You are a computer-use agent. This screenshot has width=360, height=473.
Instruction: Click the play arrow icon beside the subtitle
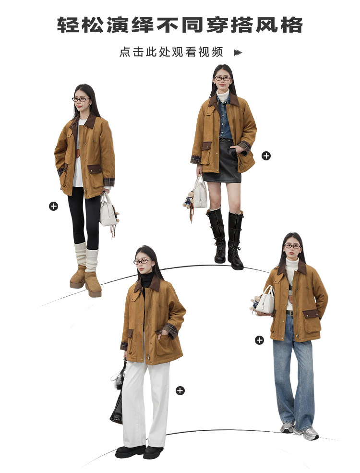click(x=238, y=52)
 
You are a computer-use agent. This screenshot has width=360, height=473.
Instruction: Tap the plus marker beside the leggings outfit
click(x=53, y=206)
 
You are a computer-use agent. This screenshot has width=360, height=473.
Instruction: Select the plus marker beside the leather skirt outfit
click(x=266, y=156)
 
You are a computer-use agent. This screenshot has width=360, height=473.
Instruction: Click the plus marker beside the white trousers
click(x=180, y=391)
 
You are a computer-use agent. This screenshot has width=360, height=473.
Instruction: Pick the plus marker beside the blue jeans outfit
click(x=259, y=340)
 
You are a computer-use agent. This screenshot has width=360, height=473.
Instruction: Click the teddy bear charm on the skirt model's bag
click(x=189, y=200)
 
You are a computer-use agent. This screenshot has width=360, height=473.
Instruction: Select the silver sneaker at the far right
click(x=306, y=433)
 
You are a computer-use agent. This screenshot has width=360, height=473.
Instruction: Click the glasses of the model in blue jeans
click(x=292, y=246)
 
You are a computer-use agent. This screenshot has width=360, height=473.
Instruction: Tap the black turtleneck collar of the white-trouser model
click(x=147, y=280)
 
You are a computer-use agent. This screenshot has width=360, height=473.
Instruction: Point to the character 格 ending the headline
click(x=292, y=25)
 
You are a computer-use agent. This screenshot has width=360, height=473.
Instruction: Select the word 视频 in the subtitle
click(x=211, y=52)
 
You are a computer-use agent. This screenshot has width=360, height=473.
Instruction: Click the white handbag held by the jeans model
click(x=265, y=300)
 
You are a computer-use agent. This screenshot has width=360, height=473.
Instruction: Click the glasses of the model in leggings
click(x=81, y=99)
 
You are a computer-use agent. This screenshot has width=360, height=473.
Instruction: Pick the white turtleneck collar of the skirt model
click(x=223, y=96)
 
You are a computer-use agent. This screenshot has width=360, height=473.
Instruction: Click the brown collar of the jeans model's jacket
click(x=292, y=268)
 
